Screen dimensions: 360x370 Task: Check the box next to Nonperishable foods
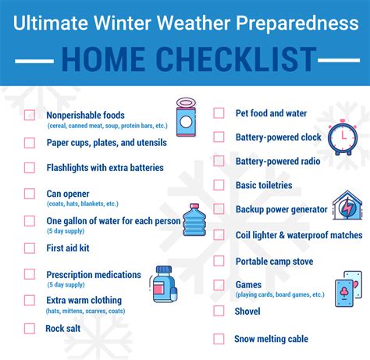(x=30, y=116)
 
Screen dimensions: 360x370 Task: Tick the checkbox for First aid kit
(x=30, y=248)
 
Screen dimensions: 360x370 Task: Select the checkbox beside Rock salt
(x=30, y=328)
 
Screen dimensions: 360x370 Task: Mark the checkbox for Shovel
(x=219, y=312)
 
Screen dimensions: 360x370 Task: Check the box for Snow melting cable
(x=219, y=339)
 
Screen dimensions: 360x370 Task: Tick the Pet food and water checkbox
(x=219, y=113)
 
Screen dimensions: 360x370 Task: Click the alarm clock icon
(x=341, y=136)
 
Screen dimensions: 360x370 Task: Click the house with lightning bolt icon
(x=346, y=206)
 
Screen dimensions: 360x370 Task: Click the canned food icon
(x=187, y=116)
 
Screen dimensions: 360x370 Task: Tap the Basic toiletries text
(x=264, y=185)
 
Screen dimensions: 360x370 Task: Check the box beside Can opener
(x=30, y=194)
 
